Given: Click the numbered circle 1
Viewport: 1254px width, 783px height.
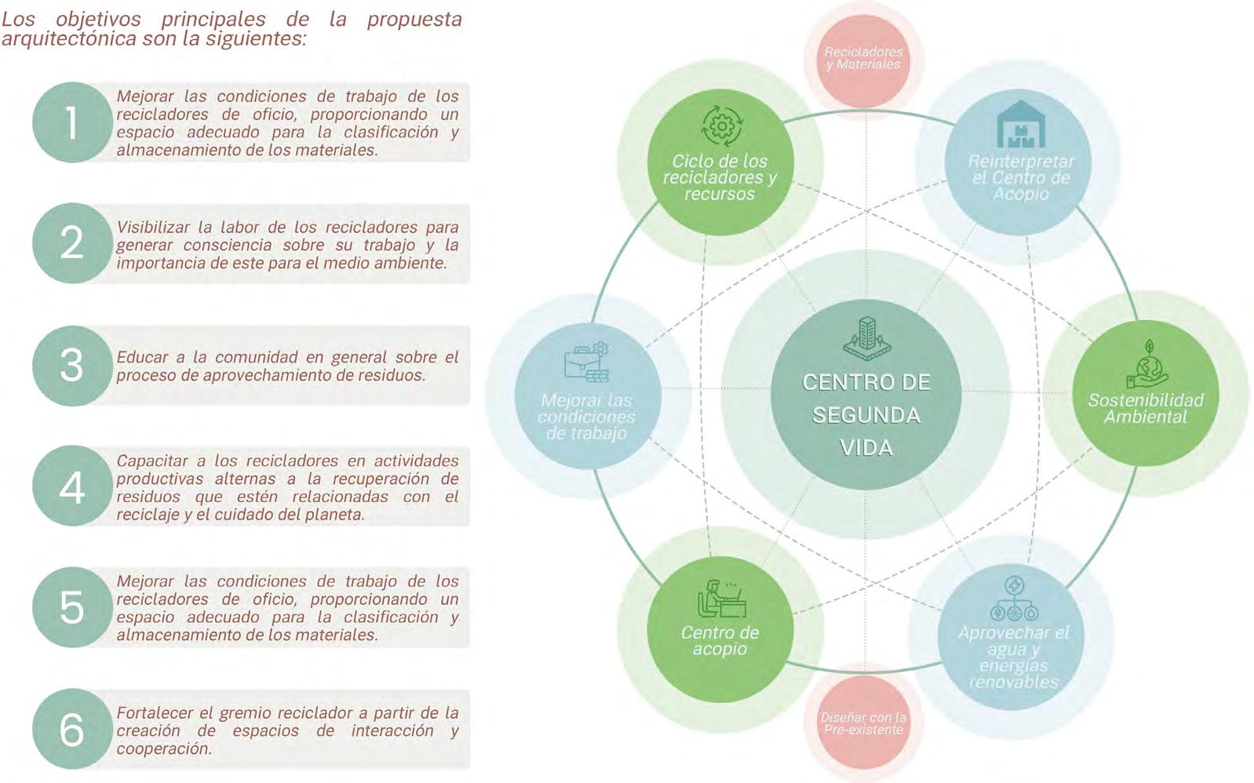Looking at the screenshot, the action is tap(71, 122).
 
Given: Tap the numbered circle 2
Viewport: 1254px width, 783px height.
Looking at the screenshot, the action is tap(71, 243).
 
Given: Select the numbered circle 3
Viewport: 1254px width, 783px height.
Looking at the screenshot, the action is tap(71, 366).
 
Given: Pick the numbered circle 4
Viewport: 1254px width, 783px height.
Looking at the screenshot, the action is tap(71, 486).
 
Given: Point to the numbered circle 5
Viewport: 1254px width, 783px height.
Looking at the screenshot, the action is tap(71, 607).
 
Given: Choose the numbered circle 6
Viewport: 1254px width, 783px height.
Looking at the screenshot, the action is tap(71, 729).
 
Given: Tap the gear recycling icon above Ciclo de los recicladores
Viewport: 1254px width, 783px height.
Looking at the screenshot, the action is tap(720, 126).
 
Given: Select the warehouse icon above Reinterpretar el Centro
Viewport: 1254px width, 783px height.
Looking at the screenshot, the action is tap(1020, 126).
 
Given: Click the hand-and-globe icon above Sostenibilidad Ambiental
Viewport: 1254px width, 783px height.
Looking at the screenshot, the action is tap(1146, 365).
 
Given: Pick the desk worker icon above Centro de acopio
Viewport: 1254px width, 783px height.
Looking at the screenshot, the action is tap(720, 599).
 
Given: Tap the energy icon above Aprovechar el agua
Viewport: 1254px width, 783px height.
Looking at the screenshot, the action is tap(1014, 599).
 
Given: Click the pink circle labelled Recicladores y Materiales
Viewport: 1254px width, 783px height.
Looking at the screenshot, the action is tap(863, 58).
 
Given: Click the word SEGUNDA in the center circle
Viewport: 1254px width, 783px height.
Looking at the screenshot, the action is tap(866, 415).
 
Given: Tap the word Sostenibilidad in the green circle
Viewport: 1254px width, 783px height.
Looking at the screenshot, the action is tap(1146, 400).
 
